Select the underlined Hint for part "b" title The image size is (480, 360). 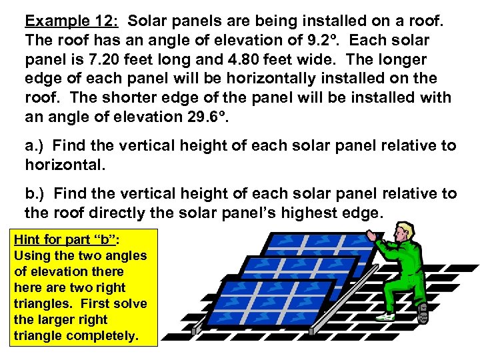click(66, 239)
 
